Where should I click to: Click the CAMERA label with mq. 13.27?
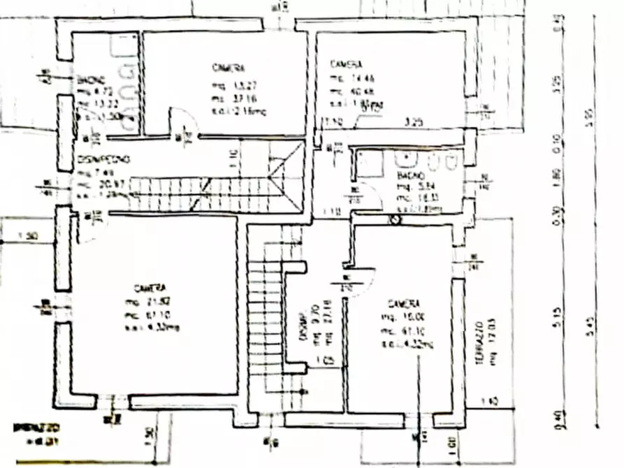[x=228, y=68]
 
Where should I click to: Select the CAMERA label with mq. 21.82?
[x=150, y=288]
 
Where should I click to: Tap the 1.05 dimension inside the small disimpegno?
[x=323, y=362]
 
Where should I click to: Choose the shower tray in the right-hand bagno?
[x=369, y=162]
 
